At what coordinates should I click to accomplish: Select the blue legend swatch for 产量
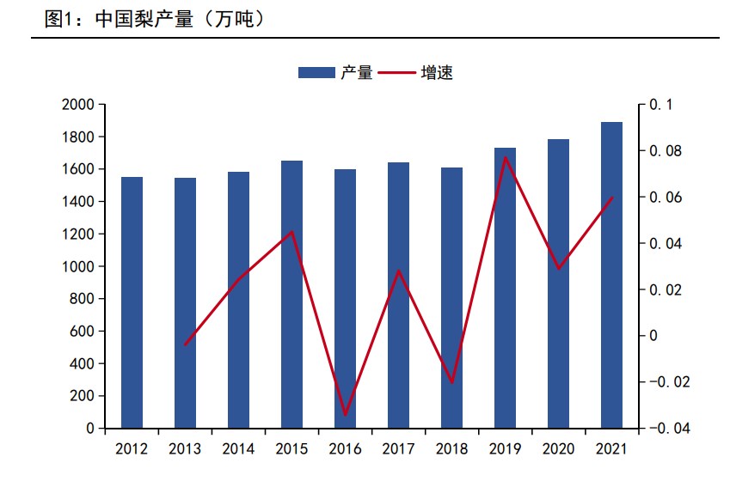(316, 73)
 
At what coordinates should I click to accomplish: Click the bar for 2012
(132, 302)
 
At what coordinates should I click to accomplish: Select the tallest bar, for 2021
(611, 275)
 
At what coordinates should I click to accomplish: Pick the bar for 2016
(345, 298)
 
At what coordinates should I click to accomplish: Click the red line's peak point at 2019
(506, 157)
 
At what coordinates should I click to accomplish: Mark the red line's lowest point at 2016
(345, 416)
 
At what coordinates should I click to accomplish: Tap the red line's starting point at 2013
(185, 344)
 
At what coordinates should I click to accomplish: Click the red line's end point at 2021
(612, 197)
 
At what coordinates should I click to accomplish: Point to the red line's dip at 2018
(452, 382)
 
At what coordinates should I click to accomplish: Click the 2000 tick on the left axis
(77, 105)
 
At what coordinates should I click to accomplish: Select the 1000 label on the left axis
(77, 266)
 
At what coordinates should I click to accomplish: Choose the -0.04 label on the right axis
(666, 428)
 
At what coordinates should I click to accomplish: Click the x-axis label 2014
(238, 449)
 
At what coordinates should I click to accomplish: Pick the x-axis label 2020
(558, 449)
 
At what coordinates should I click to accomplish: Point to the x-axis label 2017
(398, 449)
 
